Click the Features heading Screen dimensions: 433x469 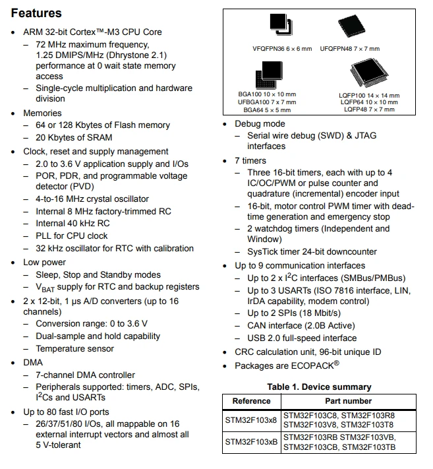[36, 13]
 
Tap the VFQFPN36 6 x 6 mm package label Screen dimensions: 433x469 [282, 49]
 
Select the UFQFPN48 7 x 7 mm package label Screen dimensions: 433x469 [349, 49]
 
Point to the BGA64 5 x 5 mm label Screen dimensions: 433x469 [267, 110]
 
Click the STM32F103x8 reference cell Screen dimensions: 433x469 [251, 420]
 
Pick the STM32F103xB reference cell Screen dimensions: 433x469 [251, 442]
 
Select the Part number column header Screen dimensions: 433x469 [349, 401]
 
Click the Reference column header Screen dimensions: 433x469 [251, 401]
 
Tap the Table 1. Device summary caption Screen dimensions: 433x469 [319, 387]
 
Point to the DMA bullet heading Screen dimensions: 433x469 [33, 363]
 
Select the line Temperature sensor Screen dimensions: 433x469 [74, 349]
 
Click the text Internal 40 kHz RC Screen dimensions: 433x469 [72, 224]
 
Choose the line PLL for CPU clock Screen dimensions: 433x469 [71, 235]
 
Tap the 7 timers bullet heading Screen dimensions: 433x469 [250, 160]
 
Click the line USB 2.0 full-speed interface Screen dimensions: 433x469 [302, 338]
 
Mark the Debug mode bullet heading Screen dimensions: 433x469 [260, 124]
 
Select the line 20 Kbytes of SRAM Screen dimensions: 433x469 [74, 137]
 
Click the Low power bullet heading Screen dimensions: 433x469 [45, 263]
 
